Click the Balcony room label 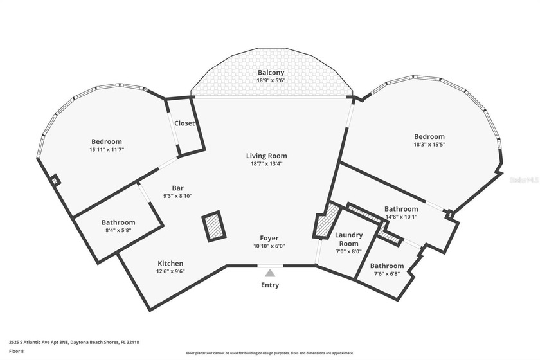point(270,73)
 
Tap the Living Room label point(266,156)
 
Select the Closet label point(184,123)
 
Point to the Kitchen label point(170,264)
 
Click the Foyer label point(269,237)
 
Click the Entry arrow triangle point(270,274)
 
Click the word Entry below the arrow point(270,285)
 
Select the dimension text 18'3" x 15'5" point(429,145)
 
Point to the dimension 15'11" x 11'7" point(106,149)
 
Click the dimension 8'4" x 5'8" point(118,230)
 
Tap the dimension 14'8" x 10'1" point(401,217)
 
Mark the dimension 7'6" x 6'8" point(386,274)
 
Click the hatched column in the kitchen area point(213,228)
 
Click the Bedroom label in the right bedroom point(429,136)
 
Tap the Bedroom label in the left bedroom point(106,141)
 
